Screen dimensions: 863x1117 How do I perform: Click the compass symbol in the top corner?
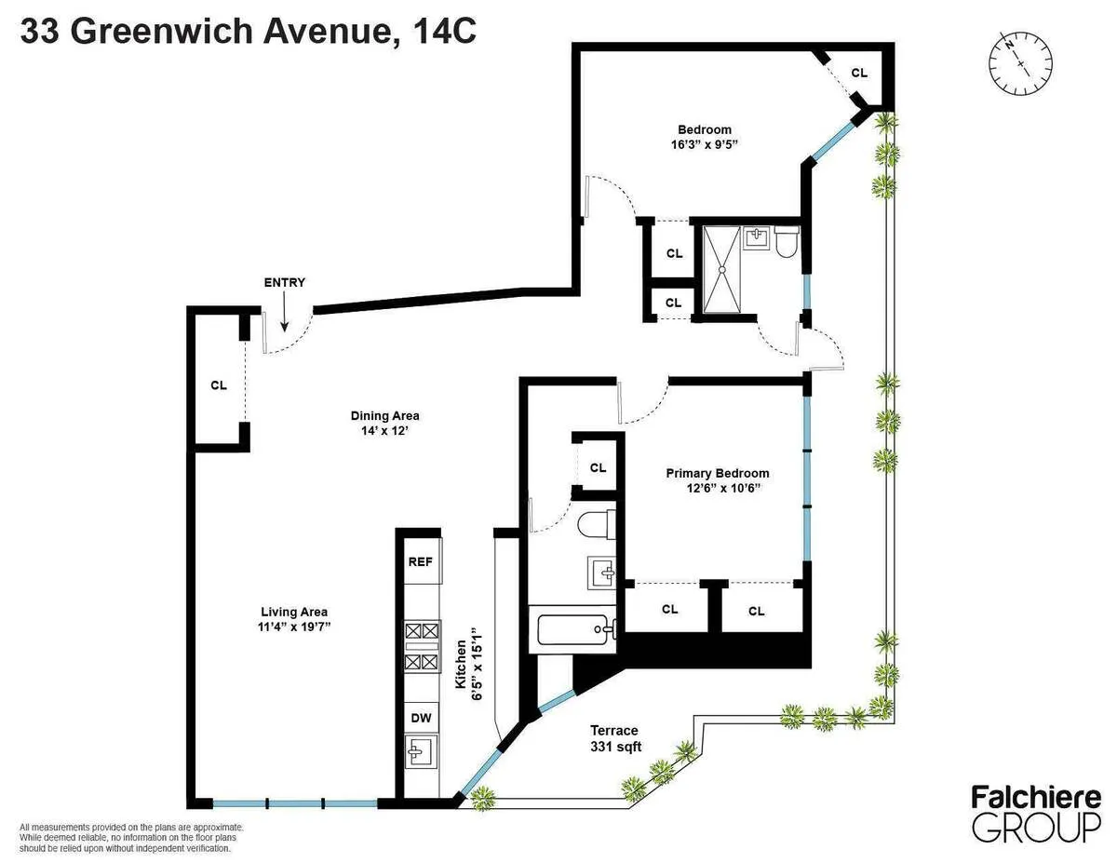pos(1020,61)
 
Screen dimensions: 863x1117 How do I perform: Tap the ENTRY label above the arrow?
pos(284,283)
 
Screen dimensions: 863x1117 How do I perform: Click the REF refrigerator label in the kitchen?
pos(420,562)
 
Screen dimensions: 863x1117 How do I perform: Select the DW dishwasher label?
pos(420,718)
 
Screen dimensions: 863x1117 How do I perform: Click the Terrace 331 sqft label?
pos(614,738)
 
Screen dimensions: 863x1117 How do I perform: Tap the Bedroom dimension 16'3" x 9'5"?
pos(704,144)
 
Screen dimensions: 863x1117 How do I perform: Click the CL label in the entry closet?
pos(219,384)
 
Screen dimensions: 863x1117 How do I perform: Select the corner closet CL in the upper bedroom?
pos(859,72)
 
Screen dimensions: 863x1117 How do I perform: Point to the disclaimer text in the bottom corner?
pos(130,837)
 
